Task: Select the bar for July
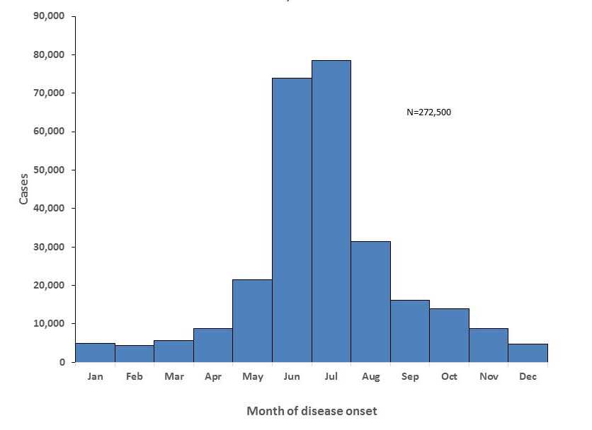[x=331, y=211]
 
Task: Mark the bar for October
[x=449, y=335]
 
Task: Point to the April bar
[x=213, y=345]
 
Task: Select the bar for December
[x=528, y=353]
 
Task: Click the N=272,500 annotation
[x=428, y=112]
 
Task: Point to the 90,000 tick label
[x=49, y=16]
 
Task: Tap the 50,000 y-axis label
[x=49, y=170]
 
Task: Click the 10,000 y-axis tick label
[x=49, y=323]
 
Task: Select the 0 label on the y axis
[x=62, y=362]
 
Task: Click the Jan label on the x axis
[x=95, y=376]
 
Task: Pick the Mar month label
[x=173, y=376]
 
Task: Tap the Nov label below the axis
[x=489, y=376]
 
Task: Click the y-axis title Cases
[x=24, y=189]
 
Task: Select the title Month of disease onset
[x=312, y=411]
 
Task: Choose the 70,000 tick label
[x=49, y=93]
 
